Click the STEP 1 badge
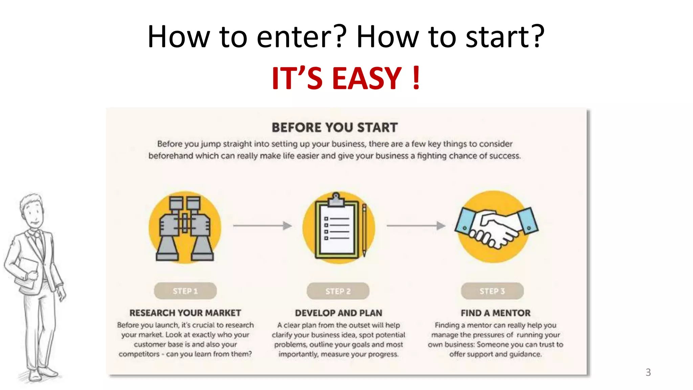[185, 291]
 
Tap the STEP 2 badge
[338, 291]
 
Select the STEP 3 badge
[492, 291]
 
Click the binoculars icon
[185, 228]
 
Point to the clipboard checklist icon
[336, 229]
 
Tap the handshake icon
[496, 226]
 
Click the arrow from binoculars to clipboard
[262, 225]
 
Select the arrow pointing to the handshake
[416, 225]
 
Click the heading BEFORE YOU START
[335, 128]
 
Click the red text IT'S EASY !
[346, 79]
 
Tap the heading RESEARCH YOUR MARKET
[185, 313]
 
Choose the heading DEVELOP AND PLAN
[338, 313]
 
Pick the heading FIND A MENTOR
[495, 313]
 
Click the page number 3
[648, 372]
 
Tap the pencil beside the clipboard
[364, 230]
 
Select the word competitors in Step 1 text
[139, 354]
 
